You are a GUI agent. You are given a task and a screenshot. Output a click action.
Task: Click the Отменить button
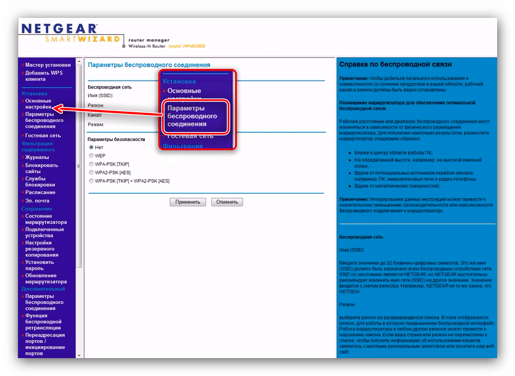pyautogui.click(x=227, y=202)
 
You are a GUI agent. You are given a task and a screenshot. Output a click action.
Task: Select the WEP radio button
pyautogui.click(x=91, y=156)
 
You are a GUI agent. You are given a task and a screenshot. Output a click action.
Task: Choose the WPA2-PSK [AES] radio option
pyautogui.click(x=91, y=172)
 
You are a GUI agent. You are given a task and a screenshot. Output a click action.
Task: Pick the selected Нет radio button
pyautogui.click(x=91, y=147)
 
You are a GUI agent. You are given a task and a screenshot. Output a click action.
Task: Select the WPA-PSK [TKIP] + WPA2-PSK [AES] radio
pyautogui.click(x=91, y=181)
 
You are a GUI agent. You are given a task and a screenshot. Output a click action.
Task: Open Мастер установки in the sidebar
pyautogui.click(x=47, y=65)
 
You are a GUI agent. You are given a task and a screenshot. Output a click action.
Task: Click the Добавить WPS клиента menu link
pyautogui.click(x=44, y=76)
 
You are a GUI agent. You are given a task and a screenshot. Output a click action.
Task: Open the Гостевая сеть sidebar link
pyautogui.click(x=43, y=136)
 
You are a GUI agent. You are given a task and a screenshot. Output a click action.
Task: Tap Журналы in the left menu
pyautogui.click(x=37, y=157)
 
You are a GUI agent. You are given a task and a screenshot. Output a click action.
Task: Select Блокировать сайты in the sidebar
pyautogui.click(x=41, y=168)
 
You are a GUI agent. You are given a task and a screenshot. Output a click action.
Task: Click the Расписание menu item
pyautogui.click(x=40, y=193)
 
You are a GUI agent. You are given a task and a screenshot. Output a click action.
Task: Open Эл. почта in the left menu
pyautogui.click(x=37, y=201)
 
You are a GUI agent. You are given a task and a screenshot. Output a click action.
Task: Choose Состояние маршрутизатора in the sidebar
pyautogui.click(x=46, y=219)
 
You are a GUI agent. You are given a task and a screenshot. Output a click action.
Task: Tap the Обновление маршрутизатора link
pyautogui.click(x=46, y=278)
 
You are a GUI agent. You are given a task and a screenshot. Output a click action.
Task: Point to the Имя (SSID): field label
pyautogui.click(x=100, y=95)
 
